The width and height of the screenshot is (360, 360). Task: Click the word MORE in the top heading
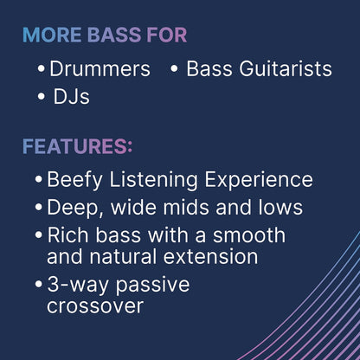(x=52, y=35)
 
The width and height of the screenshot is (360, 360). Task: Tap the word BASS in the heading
(x=114, y=35)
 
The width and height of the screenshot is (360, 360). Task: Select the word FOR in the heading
(x=167, y=35)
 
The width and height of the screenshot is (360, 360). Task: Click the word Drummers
(x=100, y=69)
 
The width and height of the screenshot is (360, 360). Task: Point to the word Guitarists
(x=286, y=69)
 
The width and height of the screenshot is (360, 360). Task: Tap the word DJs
(x=72, y=97)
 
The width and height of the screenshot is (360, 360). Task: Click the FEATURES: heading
(x=77, y=146)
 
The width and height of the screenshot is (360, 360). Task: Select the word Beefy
(x=74, y=180)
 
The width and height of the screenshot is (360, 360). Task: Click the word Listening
(x=153, y=180)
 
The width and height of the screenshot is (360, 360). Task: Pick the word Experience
(x=259, y=180)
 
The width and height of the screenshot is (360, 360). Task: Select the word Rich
(x=67, y=235)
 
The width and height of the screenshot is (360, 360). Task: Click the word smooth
(x=249, y=235)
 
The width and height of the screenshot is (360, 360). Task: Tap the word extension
(x=210, y=257)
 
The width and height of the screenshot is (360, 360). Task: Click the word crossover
(x=95, y=306)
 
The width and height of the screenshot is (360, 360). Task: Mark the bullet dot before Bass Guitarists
(x=174, y=68)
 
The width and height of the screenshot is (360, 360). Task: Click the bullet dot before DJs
(x=42, y=96)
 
